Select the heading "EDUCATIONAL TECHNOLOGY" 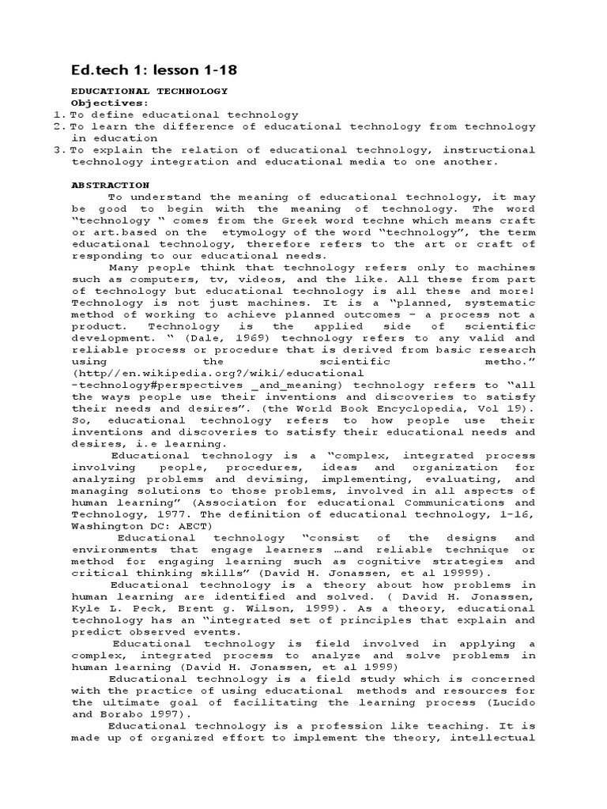[x=149, y=91]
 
